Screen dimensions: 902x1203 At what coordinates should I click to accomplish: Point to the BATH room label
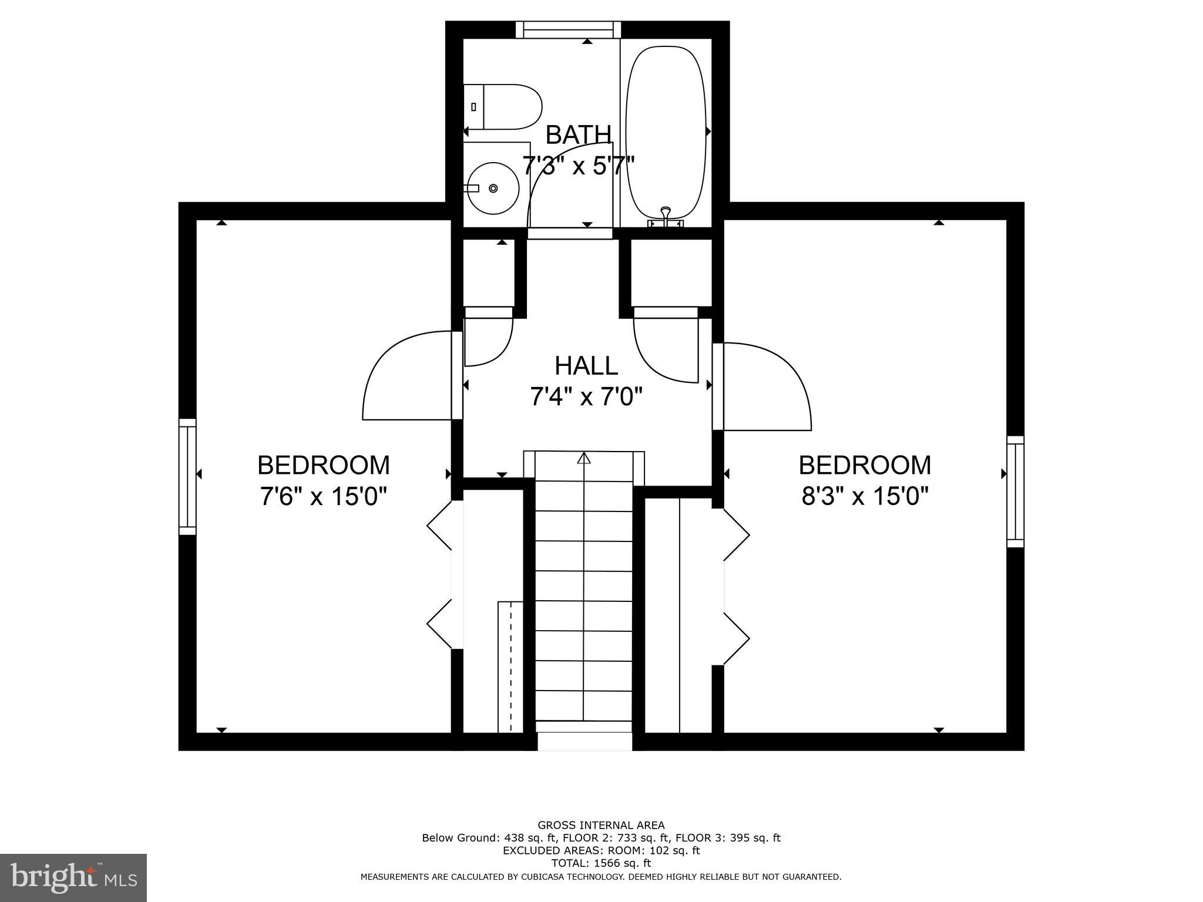click(x=579, y=134)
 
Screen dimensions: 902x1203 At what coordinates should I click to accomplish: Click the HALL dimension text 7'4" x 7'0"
click(x=586, y=397)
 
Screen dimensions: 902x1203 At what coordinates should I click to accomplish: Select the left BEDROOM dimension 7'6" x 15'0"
click(x=324, y=497)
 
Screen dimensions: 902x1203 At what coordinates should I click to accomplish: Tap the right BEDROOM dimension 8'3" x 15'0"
click(x=865, y=497)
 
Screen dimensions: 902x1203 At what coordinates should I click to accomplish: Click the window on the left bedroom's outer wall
click(x=187, y=477)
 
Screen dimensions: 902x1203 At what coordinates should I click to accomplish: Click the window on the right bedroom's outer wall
click(x=1015, y=492)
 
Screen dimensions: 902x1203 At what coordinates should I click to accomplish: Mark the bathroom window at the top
click(x=569, y=30)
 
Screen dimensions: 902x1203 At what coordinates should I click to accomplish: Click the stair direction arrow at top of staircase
click(x=584, y=458)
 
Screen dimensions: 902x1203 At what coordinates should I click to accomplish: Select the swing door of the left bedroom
click(x=405, y=376)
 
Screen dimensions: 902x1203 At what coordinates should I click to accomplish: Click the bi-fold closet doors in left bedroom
click(x=439, y=578)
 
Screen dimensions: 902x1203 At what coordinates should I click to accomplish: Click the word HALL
click(x=586, y=366)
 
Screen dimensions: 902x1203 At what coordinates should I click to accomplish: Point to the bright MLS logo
click(x=73, y=878)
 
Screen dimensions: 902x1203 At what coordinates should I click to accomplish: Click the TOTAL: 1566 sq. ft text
click(x=601, y=863)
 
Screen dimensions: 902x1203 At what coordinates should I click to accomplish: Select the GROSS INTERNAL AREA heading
click(x=601, y=825)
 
